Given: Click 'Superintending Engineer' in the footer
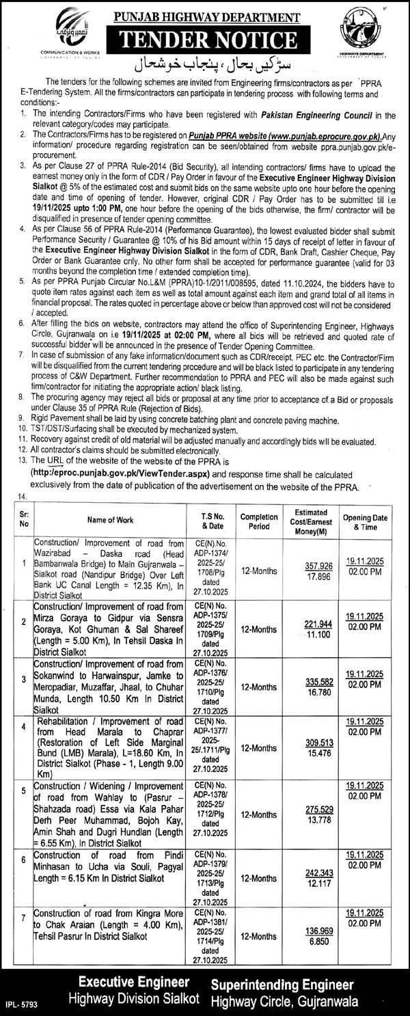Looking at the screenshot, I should click(x=282, y=984).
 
